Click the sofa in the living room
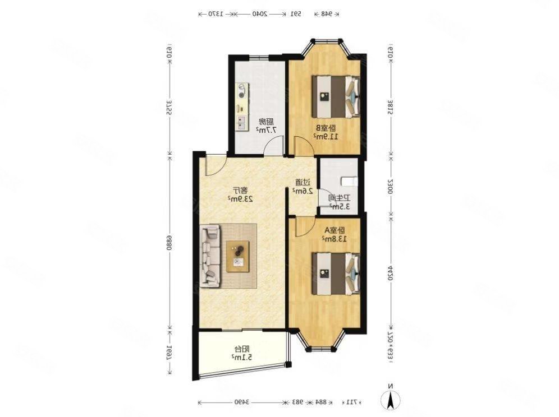tap(211, 256)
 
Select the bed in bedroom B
tap(336, 96)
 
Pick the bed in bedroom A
tap(336, 273)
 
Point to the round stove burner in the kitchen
tap(242, 88)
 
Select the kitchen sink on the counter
tap(242, 120)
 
